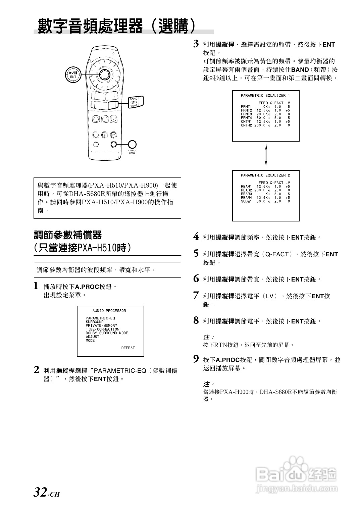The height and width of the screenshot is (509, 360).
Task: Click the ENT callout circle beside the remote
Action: coord(73,75)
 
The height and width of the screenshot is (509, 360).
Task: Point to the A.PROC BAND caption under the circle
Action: coord(132,152)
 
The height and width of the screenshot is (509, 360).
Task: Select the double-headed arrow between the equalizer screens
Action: coord(266,155)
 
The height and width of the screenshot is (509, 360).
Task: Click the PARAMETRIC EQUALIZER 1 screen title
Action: coord(265,96)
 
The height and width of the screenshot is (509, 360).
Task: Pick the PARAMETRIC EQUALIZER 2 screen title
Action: coord(265,175)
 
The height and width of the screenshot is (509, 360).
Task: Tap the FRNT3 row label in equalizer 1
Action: coord(246,114)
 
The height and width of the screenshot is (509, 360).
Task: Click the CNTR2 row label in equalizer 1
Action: coord(246,125)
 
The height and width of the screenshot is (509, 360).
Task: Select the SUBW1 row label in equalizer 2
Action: coord(246,201)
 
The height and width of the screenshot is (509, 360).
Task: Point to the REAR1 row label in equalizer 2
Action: coord(246,187)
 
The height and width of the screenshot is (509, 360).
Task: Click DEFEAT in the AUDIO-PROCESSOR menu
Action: coord(128,348)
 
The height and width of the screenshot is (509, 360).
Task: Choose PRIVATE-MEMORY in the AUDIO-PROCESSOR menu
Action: coord(101,325)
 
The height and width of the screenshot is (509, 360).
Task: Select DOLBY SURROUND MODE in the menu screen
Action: coord(107,333)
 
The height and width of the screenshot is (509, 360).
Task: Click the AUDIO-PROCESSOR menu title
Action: coord(109,311)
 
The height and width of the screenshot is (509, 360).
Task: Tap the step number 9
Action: coord(196,359)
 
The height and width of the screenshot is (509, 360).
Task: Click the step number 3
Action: coord(196,44)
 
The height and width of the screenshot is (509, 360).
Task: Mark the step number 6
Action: coord(196,278)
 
